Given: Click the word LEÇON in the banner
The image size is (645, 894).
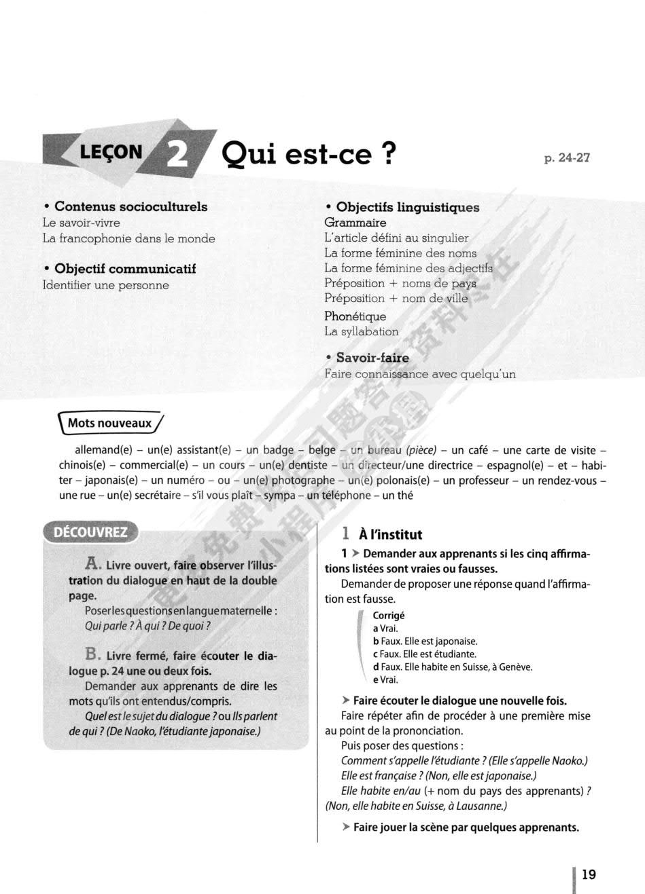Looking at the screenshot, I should tap(111, 151).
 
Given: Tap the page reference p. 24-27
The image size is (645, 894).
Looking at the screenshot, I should tap(567, 157).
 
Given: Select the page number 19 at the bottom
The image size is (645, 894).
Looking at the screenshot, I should tap(589, 874).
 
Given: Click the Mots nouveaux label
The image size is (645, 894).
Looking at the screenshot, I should tap(109, 423).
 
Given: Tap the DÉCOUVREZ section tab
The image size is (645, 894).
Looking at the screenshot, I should tap(90, 532).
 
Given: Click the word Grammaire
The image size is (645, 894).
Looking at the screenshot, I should tap(355, 223).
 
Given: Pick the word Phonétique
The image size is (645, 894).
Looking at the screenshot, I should tap(355, 316).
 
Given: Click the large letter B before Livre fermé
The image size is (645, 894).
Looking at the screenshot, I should tap(93, 654).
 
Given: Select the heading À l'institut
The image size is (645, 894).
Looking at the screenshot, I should tap(390, 534).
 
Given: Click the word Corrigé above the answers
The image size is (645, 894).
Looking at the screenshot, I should tap(388, 615).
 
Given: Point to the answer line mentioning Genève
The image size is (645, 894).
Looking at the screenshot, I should tap(452, 667).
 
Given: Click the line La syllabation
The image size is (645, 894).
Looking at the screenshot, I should tap(361, 331).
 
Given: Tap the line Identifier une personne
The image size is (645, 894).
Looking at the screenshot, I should tap(105, 285).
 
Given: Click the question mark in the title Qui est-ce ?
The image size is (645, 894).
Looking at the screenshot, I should tap(389, 153).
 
